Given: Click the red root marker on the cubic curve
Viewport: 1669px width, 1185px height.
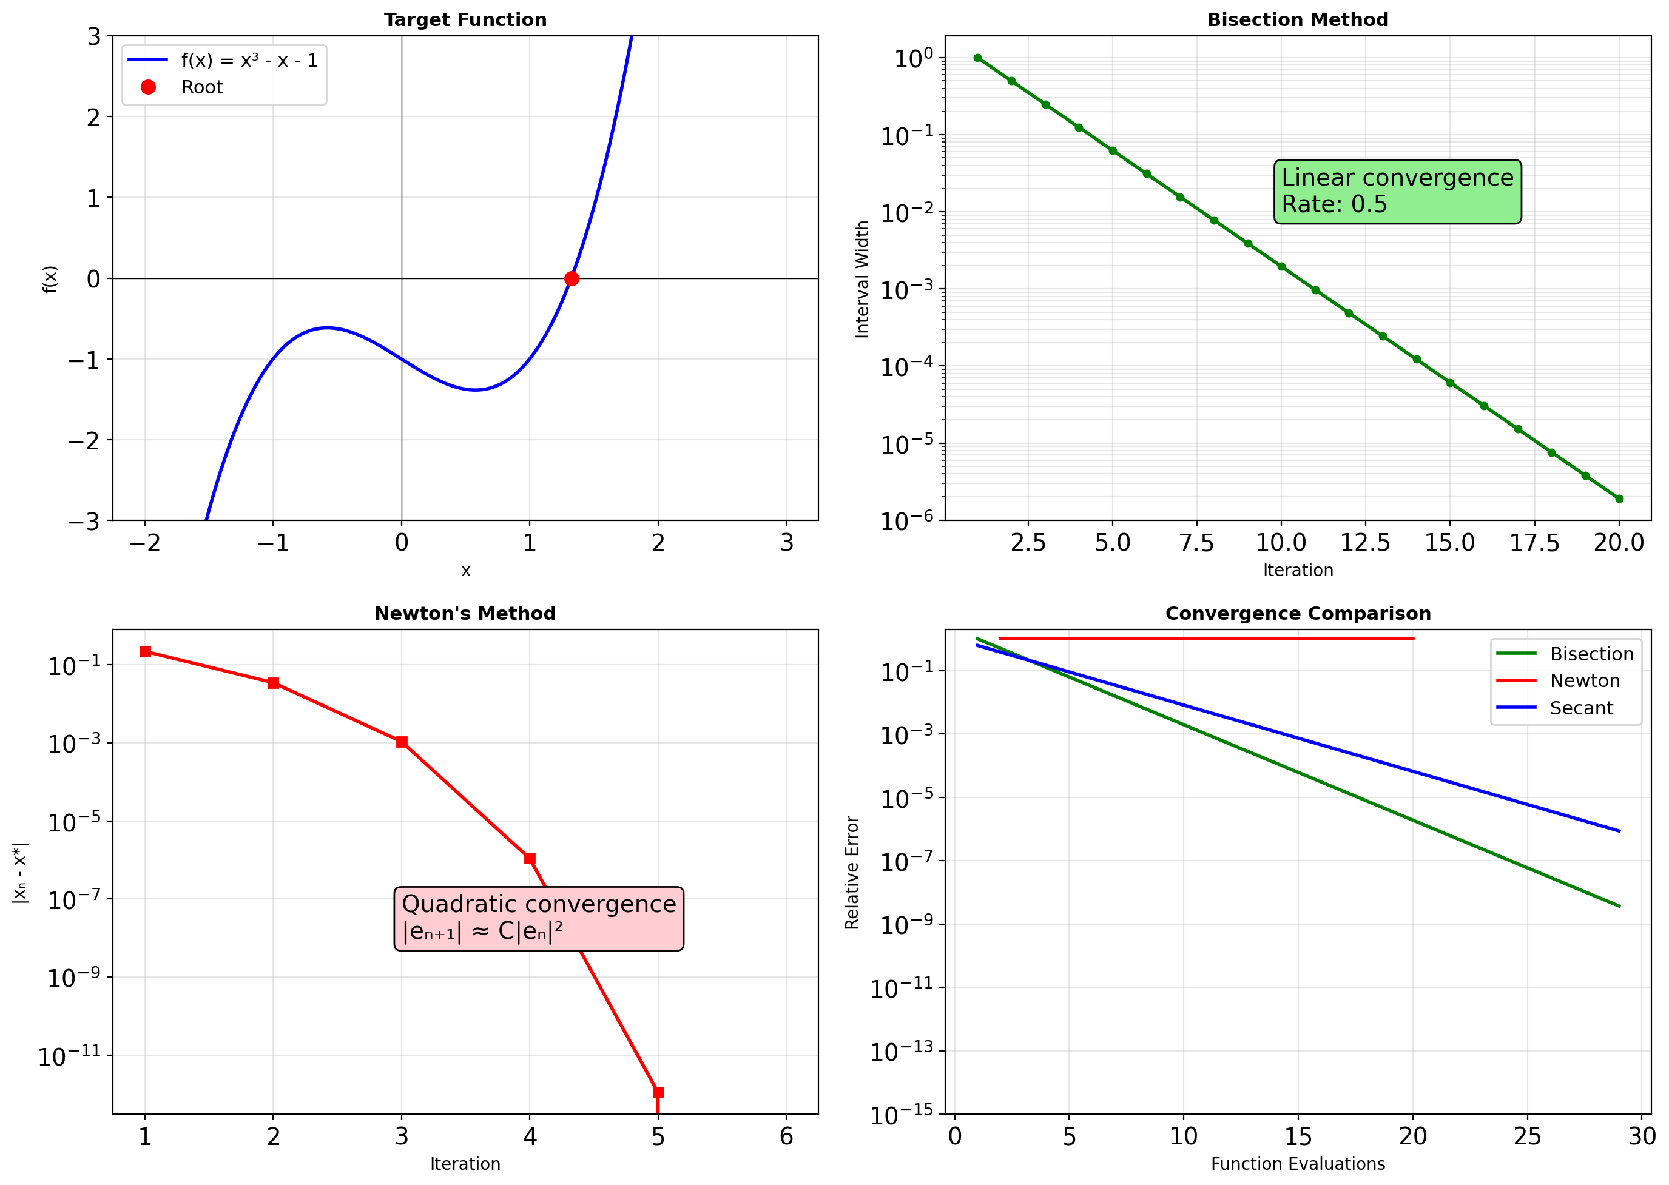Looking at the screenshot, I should pos(572,279).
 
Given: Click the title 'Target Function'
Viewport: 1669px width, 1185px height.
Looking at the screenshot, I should pos(465,19).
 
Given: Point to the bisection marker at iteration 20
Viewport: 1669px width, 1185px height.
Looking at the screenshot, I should pos(1619,499).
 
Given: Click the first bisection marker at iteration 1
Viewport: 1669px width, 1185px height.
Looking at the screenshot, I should pos(978,58).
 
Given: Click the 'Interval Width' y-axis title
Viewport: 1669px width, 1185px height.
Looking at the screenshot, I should pos(863,280).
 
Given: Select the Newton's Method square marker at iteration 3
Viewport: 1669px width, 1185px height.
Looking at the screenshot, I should pos(402,742).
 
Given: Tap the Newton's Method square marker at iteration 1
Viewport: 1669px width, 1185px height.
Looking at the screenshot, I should pos(145,651).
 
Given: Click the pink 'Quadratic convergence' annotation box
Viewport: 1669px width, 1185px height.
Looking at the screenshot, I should pos(539,919).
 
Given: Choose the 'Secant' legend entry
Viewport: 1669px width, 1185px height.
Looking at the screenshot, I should pos(1580,708).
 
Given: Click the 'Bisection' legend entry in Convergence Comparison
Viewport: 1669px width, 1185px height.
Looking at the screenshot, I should pos(1591,654).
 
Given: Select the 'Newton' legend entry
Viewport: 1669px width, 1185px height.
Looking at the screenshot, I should pos(1584,681).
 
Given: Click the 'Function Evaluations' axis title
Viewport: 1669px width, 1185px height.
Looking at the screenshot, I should pos(1298,1164).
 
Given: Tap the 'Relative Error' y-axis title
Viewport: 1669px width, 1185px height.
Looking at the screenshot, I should pos(852,873).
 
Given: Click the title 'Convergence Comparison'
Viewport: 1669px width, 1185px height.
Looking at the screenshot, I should pos(1298,614).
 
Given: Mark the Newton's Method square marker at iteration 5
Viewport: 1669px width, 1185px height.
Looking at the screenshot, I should pos(658,1092).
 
